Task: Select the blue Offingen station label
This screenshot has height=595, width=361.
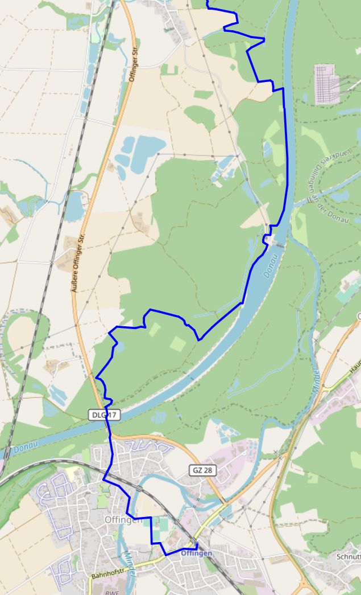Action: pos(196,553)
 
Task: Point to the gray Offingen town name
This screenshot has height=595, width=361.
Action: pos(123,519)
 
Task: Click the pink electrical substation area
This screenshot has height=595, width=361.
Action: pos(327,84)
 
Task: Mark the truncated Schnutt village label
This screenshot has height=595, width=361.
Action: pos(347,556)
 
